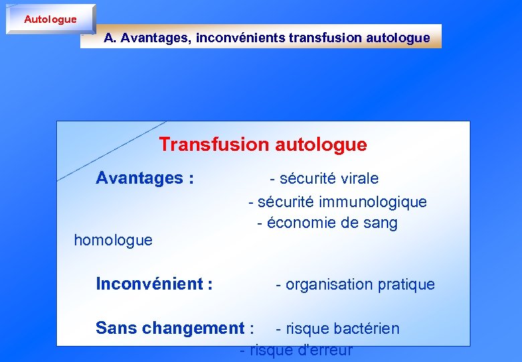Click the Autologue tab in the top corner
[50, 19]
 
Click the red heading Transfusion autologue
[263, 145]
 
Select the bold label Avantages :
[145, 178]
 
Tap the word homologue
[113, 240]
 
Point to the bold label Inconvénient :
[155, 284]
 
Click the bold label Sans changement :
[175, 328]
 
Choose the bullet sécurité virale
[324, 179]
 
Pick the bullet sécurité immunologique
[337, 202]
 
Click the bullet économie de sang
[327, 223]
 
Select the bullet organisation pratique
[355, 285]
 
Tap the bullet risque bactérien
[338, 329]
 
